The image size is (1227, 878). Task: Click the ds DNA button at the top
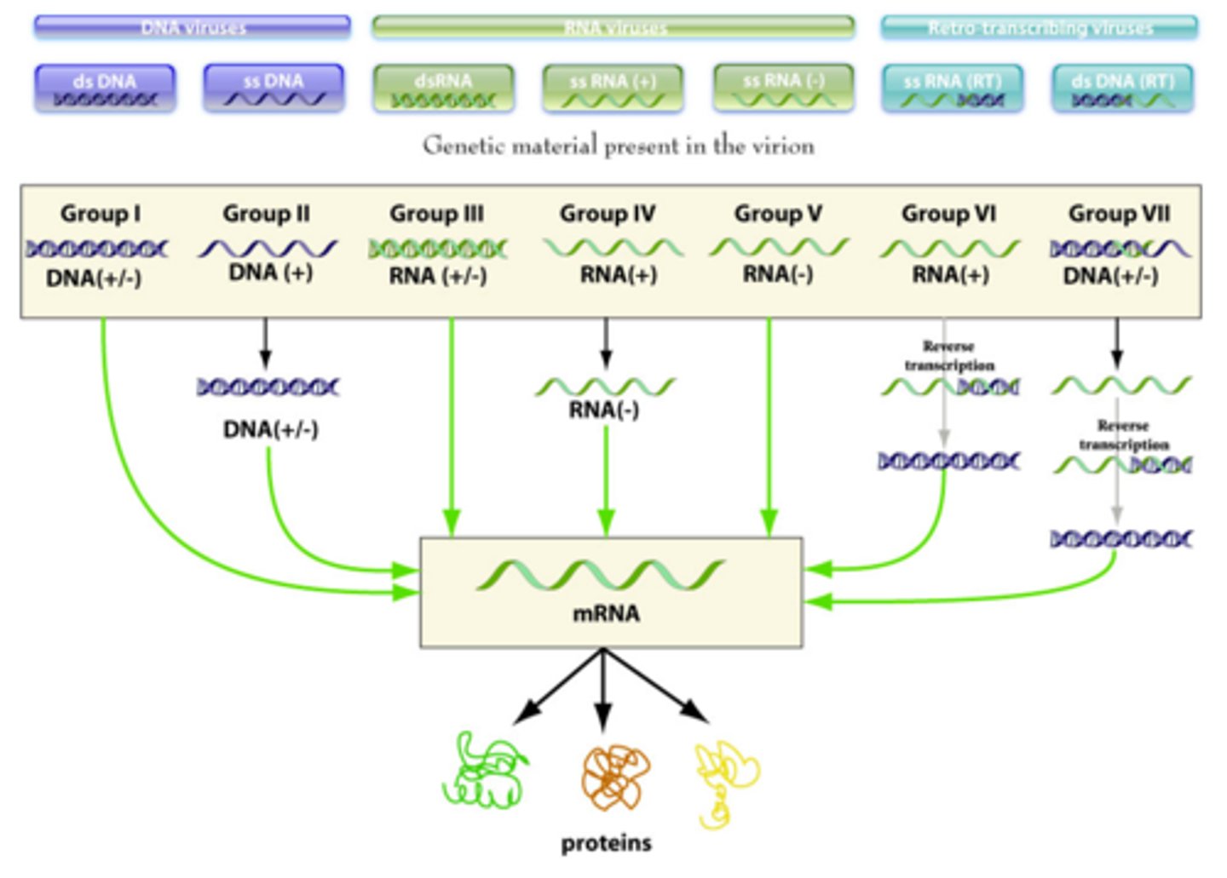[x=105, y=89]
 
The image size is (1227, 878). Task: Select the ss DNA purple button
[x=274, y=89]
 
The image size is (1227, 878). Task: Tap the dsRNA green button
[x=443, y=89]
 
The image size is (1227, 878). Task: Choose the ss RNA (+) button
[x=613, y=89]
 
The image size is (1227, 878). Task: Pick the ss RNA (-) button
[x=783, y=89]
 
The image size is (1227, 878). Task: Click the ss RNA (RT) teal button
[x=953, y=89]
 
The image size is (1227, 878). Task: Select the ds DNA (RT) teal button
[x=1122, y=89]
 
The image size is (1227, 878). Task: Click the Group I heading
[x=101, y=214]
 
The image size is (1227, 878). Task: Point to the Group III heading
[x=436, y=214]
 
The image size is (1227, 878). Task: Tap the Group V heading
[x=778, y=214]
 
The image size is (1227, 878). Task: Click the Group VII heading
[x=1119, y=214]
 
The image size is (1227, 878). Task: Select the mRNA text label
[x=606, y=613]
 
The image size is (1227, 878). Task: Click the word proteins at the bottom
[x=606, y=843]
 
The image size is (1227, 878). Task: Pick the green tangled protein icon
[x=485, y=772]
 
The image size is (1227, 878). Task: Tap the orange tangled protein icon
[x=615, y=777]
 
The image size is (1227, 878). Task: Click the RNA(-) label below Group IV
[x=603, y=410]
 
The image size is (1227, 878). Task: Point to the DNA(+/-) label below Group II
[x=270, y=429]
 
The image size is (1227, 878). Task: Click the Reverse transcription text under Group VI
[x=948, y=356]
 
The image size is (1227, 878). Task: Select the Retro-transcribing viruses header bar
[x=1040, y=28]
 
